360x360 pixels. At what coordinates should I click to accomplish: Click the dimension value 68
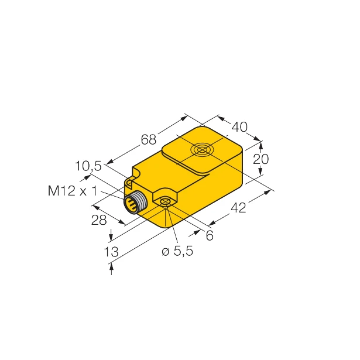tap(149, 140)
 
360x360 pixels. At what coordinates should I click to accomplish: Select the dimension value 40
tap(239, 126)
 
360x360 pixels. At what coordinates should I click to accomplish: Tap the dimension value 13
tap(112, 252)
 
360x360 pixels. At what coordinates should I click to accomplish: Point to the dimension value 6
tap(210, 236)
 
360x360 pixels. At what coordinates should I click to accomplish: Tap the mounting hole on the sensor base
tap(165, 203)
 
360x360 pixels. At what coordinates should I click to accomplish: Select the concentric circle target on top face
tap(201, 151)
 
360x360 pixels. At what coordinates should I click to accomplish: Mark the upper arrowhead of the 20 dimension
tap(261, 143)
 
